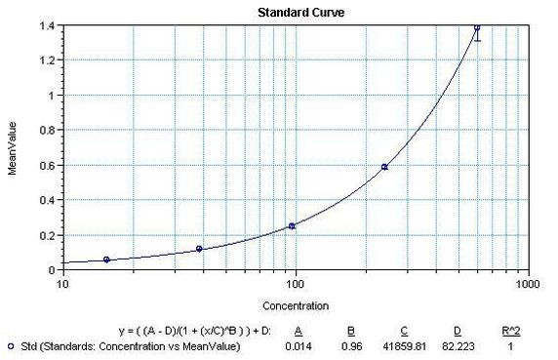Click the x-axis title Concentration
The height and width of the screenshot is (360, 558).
click(x=295, y=305)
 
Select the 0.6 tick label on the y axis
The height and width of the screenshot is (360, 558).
click(x=48, y=166)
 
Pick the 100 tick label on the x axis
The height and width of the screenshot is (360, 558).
click(x=295, y=285)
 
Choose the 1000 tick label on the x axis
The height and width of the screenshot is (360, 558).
click(x=528, y=285)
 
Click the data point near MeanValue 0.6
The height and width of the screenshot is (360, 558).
click(x=384, y=167)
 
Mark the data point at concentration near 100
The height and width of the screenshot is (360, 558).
click(x=292, y=226)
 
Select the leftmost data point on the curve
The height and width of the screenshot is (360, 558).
click(x=106, y=260)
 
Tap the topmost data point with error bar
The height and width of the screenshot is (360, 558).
click(x=477, y=27)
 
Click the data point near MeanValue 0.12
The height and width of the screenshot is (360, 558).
click(x=199, y=249)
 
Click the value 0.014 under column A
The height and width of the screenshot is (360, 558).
click(x=297, y=345)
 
